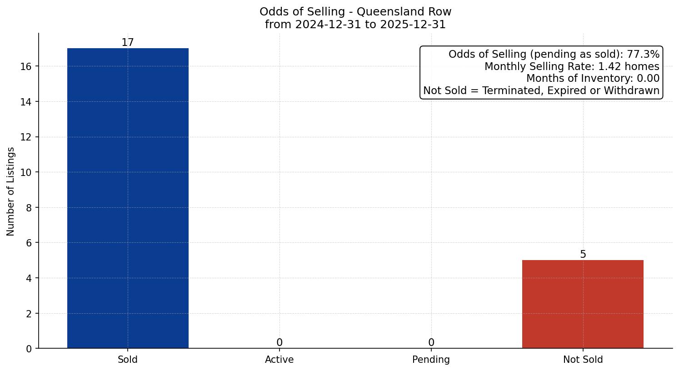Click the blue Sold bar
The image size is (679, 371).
[128, 198]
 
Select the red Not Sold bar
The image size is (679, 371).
[583, 304]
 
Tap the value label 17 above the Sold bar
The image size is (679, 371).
[128, 42]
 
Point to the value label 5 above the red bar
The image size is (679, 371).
[583, 255]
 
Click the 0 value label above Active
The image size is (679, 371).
[280, 342]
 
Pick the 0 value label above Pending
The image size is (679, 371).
[431, 342]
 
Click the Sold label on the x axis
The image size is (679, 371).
[128, 360]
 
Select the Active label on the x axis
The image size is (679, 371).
[280, 360]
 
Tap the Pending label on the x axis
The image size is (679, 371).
[431, 360]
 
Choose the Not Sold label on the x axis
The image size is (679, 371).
[583, 360]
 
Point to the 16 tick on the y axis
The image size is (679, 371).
[26, 66]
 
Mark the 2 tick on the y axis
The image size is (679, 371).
[29, 313]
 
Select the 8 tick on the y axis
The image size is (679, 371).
[29, 208]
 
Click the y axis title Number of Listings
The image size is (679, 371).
[11, 191]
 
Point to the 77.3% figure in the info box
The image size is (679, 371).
[643, 55]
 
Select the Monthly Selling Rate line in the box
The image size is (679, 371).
[572, 66]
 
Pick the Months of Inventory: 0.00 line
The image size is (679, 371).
[593, 79]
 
